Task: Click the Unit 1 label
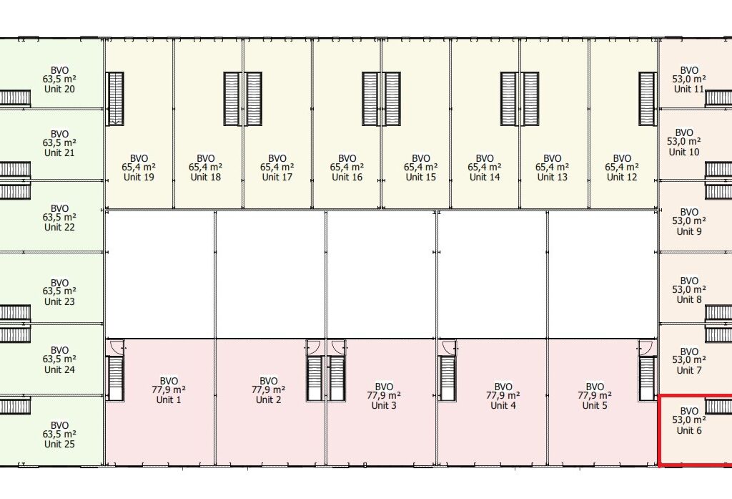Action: pos(169,399)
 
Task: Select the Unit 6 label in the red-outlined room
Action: pos(689,430)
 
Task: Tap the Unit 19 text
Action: pos(139,177)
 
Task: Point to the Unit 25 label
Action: pos(59,444)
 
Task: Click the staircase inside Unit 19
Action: pos(115,98)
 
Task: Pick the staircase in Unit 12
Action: pos(647,98)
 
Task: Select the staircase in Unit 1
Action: pos(115,379)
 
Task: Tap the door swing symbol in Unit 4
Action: pos(449,347)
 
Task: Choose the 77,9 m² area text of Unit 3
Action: pos(384,396)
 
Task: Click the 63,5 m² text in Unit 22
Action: pos(59,218)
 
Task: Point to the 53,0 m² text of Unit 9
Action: pos(689,221)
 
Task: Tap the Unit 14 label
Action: pos(485,177)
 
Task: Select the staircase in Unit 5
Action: pos(647,379)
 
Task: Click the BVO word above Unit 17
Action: pos(277,158)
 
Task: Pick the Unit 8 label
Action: pos(689,299)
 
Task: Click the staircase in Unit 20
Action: pos(16,97)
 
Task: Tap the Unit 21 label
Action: pos(59,152)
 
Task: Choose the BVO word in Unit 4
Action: pos(503,387)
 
